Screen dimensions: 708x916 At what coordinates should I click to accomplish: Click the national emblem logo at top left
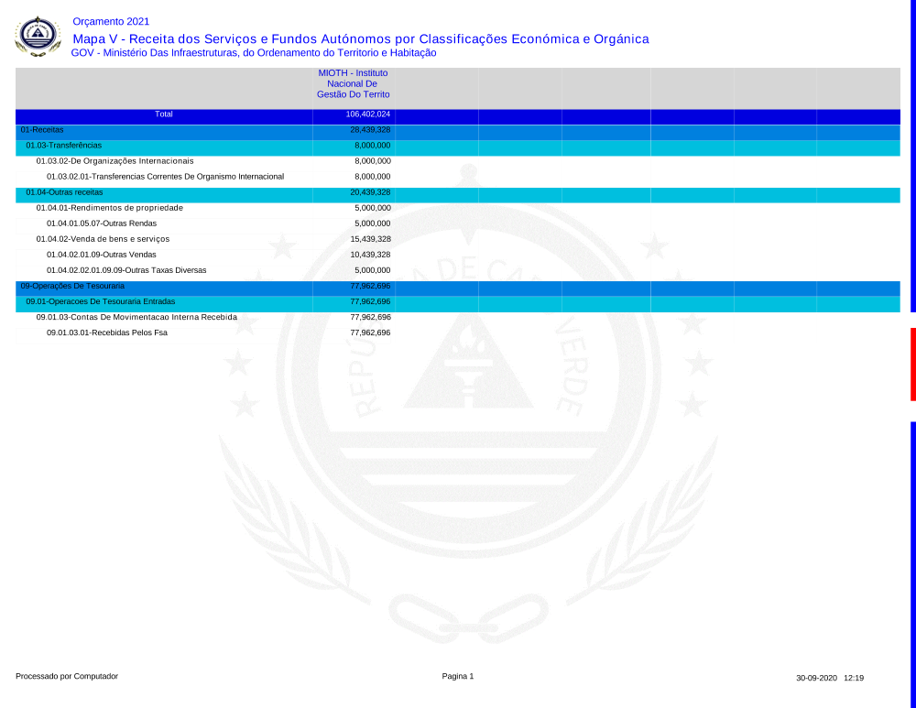38,36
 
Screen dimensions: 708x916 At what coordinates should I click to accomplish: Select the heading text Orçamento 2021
111,21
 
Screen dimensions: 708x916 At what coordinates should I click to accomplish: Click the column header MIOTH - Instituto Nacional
353,83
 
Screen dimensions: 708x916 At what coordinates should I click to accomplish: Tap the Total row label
164,114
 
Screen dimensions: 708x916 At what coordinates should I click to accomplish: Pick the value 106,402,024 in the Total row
368,114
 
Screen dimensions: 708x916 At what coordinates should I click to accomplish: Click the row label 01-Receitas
42,130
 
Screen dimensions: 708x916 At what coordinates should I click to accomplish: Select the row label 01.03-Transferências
64,146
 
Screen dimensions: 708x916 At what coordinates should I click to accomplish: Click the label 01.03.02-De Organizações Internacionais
114,161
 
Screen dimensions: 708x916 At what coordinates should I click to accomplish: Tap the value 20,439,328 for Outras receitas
370,192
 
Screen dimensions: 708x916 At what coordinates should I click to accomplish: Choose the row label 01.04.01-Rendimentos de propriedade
109,208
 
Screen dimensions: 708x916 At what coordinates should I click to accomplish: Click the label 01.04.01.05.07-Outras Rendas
102,223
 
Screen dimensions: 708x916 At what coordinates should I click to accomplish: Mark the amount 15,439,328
370,239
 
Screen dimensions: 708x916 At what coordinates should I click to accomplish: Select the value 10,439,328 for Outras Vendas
370,255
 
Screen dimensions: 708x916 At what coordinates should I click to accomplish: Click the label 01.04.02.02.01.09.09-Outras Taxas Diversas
126,270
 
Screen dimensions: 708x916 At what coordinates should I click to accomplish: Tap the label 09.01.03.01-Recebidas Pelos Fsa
107,332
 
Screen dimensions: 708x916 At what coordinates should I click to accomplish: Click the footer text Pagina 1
458,676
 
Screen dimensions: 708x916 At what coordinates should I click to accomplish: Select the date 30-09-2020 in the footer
816,678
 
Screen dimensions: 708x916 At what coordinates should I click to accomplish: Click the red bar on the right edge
912,364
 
